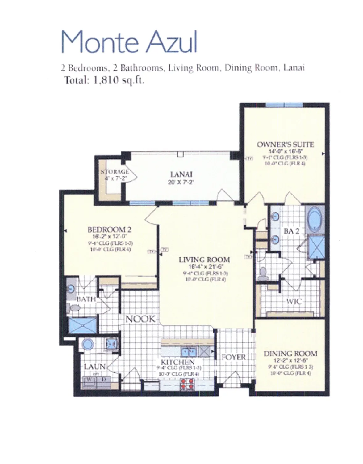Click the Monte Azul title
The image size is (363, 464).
point(129,42)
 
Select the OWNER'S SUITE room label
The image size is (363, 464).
point(285,144)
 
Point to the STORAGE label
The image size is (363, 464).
point(115,172)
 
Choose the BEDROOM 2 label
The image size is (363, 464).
point(110,230)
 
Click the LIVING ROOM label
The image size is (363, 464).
point(204,260)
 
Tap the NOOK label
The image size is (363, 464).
point(140,319)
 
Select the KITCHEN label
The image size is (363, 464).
point(178,362)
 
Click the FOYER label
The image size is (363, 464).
point(234,357)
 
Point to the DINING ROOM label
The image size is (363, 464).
point(290,354)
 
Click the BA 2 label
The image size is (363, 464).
point(291,231)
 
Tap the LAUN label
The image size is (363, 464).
point(95,367)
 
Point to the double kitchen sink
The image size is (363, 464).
point(189,352)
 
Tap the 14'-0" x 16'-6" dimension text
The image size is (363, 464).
point(285,152)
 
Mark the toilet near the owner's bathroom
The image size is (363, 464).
point(263,274)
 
